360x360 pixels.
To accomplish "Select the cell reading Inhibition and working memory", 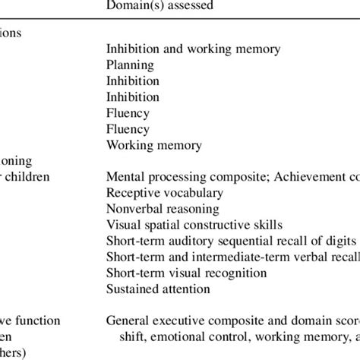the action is coord(193,49).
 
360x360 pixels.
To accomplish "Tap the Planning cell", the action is coord(130,65).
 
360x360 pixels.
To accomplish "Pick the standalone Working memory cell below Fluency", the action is coord(154,145).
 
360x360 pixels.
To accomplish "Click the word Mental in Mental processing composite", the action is coord(125,177).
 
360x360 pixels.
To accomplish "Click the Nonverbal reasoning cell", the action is coord(163,209).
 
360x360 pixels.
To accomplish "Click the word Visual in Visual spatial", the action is coord(123,225).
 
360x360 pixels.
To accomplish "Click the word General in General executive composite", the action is coord(128,321).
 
